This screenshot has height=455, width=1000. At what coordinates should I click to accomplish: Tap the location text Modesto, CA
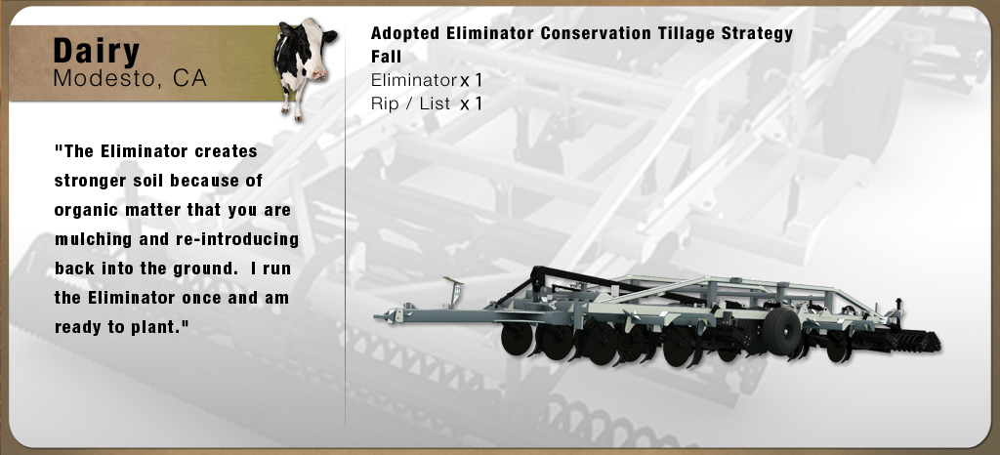tap(130, 78)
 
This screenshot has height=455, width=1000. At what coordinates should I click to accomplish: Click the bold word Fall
tap(387, 57)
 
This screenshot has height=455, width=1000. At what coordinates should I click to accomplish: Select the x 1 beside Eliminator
tap(472, 80)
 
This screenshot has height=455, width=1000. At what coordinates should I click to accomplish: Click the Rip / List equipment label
tap(411, 103)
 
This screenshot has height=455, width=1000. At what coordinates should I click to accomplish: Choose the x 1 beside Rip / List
tap(472, 103)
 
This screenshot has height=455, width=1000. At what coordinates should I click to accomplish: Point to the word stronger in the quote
tap(91, 181)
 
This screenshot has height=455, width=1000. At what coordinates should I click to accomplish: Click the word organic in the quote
tap(82, 210)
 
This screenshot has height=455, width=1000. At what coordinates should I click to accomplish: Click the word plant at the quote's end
tap(160, 327)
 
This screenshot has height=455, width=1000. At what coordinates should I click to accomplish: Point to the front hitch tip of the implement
tap(378, 316)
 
